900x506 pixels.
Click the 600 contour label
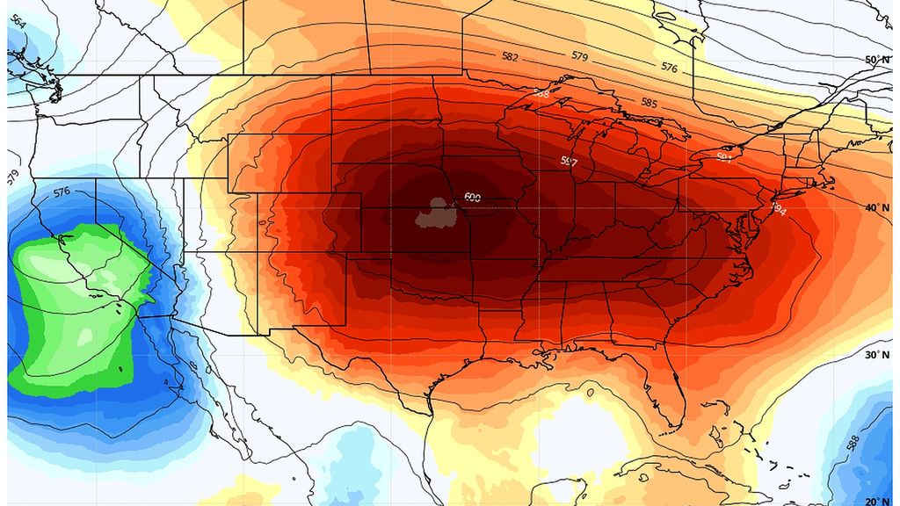pyautogui.click(x=472, y=197)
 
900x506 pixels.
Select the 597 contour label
pyautogui.click(x=569, y=162)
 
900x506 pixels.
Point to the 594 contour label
pyautogui.click(x=778, y=209)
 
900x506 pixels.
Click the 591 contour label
pyautogui.click(x=724, y=158)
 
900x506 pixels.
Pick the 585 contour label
pyautogui.click(x=649, y=103)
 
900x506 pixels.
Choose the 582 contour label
pyautogui.click(x=510, y=57)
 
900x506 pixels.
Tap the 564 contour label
pyautogui.click(x=17, y=23)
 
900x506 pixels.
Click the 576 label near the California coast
pyautogui.click(x=61, y=192)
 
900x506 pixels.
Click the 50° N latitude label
pyautogui.click(x=877, y=60)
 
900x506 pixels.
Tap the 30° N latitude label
pyautogui.click(x=877, y=356)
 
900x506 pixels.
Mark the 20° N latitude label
pyautogui.click(x=877, y=501)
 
